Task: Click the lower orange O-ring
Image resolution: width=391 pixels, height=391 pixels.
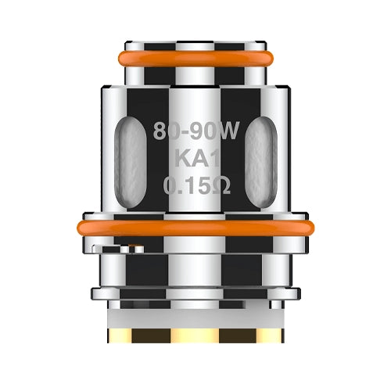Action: (195, 228)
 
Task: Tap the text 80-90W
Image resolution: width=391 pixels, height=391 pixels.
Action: (195, 132)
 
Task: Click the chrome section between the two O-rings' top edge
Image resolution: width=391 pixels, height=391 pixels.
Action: (195, 88)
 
